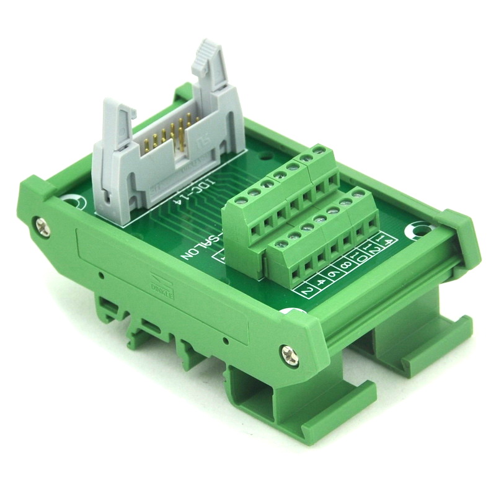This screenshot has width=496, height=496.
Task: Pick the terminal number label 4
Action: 321,282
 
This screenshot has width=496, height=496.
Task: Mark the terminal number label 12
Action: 376,249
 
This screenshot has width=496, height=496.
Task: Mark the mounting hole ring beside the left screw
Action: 74,201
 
